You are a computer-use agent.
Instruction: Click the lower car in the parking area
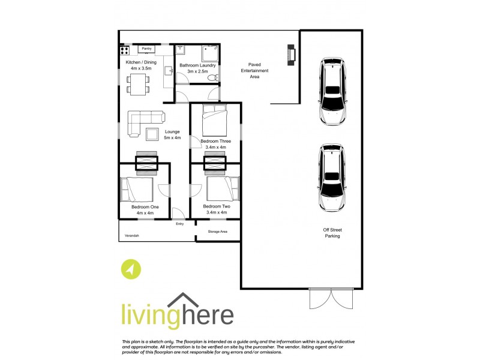click(x=332, y=178)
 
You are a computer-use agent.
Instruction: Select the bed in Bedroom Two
click(x=223, y=188)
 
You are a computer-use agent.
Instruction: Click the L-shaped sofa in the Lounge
click(x=142, y=122)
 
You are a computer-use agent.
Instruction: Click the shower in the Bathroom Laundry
click(x=208, y=55)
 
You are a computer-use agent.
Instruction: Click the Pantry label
click(x=146, y=48)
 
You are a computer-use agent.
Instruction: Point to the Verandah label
click(x=131, y=236)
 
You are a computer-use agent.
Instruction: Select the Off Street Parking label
click(x=332, y=233)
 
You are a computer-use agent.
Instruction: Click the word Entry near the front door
click(x=179, y=224)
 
